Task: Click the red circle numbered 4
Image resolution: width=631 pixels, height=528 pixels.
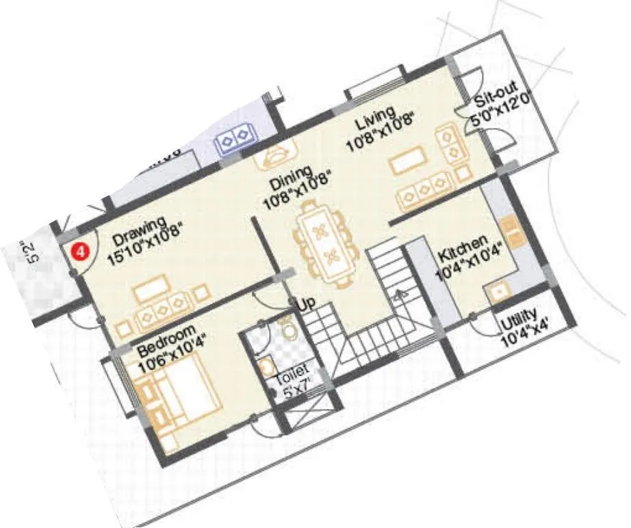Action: [x=81, y=251]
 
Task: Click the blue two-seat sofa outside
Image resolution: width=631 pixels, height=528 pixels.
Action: [x=235, y=139]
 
